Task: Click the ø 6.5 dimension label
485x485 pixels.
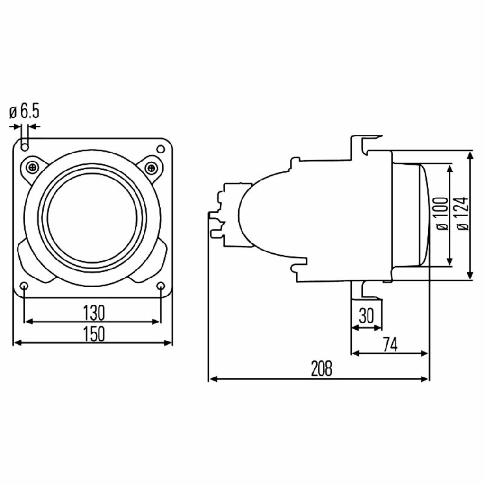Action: pyautogui.click(x=25, y=112)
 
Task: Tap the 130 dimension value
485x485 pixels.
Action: pyautogui.click(x=94, y=313)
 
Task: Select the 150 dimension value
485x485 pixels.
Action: pyautogui.click(x=94, y=334)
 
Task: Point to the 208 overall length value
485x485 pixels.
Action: pyautogui.click(x=322, y=368)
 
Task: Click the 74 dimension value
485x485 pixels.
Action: pyautogui.click(x=390, y=345)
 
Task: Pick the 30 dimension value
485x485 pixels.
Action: pyautogui.click(x=367, y=316)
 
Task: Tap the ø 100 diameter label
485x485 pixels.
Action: pyautogui.click(x=442, y=214)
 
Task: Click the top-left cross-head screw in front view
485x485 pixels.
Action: pyautogui.click(x=32, y=168)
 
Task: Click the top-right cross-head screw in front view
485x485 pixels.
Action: pyautogui.click(x=151, y=168)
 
